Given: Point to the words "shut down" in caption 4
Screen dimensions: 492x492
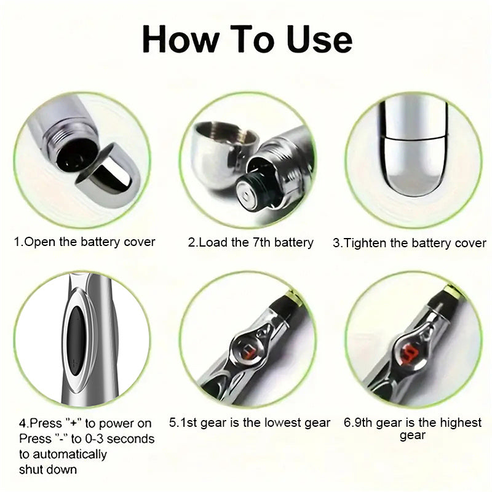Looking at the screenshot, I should pyautogui.click(x=48, y=470).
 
